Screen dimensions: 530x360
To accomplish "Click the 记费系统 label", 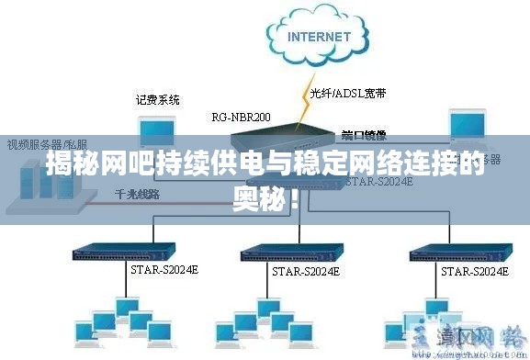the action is tap(157, 99).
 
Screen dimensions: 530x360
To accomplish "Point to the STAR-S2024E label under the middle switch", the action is tap(306, 272).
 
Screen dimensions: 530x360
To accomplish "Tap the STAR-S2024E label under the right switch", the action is tap(475, 273).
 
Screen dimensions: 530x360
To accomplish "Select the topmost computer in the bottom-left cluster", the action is tap(125, 306).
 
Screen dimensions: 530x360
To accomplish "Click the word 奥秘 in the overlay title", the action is tap(265, 195).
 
